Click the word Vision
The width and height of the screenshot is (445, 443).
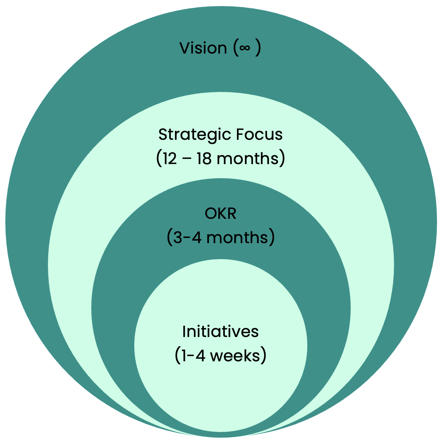tap(203, 48)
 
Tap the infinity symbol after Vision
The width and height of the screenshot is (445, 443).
tap(245, 48)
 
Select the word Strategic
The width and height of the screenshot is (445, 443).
tap(194, 135)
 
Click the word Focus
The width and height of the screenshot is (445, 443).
tap(259, 135)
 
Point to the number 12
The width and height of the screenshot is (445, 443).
tap(170, 158)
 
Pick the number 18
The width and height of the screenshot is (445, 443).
tap(204, 158)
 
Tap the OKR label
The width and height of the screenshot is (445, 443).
tap(221, 214)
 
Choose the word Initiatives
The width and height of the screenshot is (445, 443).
tap(221, 332)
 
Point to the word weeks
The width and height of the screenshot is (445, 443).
tap(234, 356)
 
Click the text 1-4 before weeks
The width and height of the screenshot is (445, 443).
tap(194, 356)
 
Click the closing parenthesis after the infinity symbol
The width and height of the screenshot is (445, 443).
tap(258, 48)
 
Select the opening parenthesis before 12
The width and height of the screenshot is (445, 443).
tap(159, 158)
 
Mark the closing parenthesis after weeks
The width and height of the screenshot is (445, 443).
tap(263, 356)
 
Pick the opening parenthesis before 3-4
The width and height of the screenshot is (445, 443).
tap(169, 238)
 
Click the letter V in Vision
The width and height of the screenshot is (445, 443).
tap(184, 48)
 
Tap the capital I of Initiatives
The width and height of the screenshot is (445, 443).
tap(184, 332)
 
